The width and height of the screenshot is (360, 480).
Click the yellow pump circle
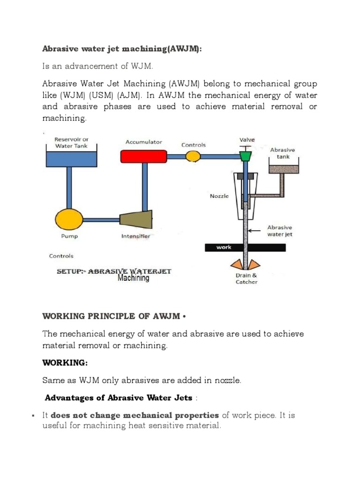pos(69,218)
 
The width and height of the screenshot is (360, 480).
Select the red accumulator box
pos(144,156)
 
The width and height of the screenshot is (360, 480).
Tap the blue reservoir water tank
pos(72,159)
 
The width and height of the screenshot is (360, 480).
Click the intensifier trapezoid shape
pos(135,218)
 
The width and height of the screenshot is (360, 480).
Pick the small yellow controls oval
pos(193,156)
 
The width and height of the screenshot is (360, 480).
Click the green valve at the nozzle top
pos(245,156)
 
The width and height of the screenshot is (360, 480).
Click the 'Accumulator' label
pos(144,142)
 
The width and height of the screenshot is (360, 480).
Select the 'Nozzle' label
pos(219,196)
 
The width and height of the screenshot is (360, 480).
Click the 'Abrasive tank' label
pos(283,153)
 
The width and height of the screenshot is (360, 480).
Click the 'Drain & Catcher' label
pos(246,278)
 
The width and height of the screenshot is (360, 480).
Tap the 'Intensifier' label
pos(135,236)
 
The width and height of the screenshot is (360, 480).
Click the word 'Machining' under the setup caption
pos(133,278)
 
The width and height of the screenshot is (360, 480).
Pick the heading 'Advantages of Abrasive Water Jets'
pos(119,398)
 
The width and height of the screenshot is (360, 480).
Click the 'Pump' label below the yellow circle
pos(69,236)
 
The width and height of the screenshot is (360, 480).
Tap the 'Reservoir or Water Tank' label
pos(72,142)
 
